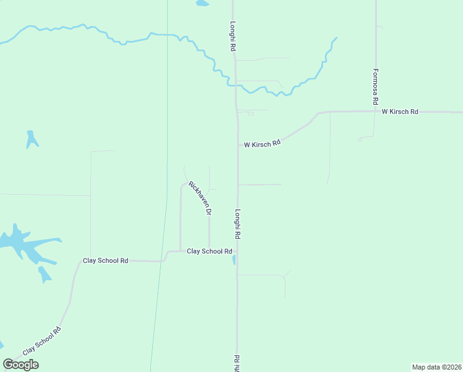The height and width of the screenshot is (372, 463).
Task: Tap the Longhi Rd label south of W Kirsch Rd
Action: tap(237, 224)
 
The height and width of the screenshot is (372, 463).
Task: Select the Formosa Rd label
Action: tap(375, 86)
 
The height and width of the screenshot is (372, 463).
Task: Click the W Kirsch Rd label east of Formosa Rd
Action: tap(400, 112)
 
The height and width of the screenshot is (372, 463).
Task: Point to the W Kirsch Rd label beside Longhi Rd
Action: tap(262, 144)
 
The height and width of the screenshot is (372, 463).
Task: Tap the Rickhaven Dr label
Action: tap(200, 198)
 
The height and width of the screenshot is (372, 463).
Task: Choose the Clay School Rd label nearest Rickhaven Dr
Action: tap(209, 251)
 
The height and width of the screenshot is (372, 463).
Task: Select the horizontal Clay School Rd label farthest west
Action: tap(105, 261)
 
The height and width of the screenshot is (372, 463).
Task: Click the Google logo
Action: tap(21, 365)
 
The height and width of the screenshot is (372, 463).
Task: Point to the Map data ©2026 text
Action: tap(437, 367)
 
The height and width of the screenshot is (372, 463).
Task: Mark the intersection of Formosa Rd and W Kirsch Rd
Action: tap(376, 112)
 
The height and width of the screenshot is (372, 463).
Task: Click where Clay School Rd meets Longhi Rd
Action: tap(238, 251)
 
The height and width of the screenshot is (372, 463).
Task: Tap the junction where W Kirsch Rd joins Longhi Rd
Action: tap(238, 146)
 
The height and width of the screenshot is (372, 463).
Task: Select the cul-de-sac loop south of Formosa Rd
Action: tap(360, 140)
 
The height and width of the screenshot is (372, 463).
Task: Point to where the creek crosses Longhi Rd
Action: tap(235, 84)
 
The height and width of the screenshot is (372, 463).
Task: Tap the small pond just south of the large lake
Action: tap(45, 273)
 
